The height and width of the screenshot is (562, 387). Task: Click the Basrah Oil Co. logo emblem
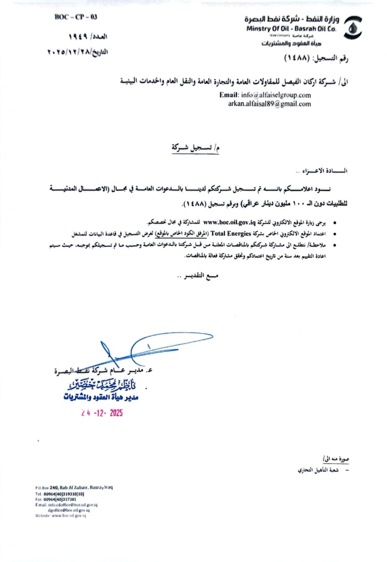(x=353, y=28)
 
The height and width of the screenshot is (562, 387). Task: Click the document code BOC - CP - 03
(x=76, y=17)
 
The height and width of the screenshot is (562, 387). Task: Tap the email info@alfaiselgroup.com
(x=276, y=95)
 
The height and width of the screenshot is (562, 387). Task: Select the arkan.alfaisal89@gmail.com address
(x=270, y=104)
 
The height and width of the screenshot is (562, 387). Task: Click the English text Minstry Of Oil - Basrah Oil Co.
(x=291, y=29)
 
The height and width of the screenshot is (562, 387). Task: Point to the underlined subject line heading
(x=196, y=148)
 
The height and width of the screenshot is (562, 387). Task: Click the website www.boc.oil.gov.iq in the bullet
(x=229, y=222)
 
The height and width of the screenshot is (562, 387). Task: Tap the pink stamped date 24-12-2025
(x=102, y=413)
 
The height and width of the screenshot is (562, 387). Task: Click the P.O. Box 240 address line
(x=74, y=487)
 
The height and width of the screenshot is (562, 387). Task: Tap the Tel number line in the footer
(x=60, y=494)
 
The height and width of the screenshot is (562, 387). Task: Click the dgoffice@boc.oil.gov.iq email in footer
(x=69, y=510)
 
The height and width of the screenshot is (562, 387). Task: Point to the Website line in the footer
(x=61, y=516)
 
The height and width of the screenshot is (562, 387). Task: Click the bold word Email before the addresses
(x=229, y=95)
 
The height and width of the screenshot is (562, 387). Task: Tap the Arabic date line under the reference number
(x=78, y=52)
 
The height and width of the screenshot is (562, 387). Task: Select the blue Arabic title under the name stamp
(x=101, y=397)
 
